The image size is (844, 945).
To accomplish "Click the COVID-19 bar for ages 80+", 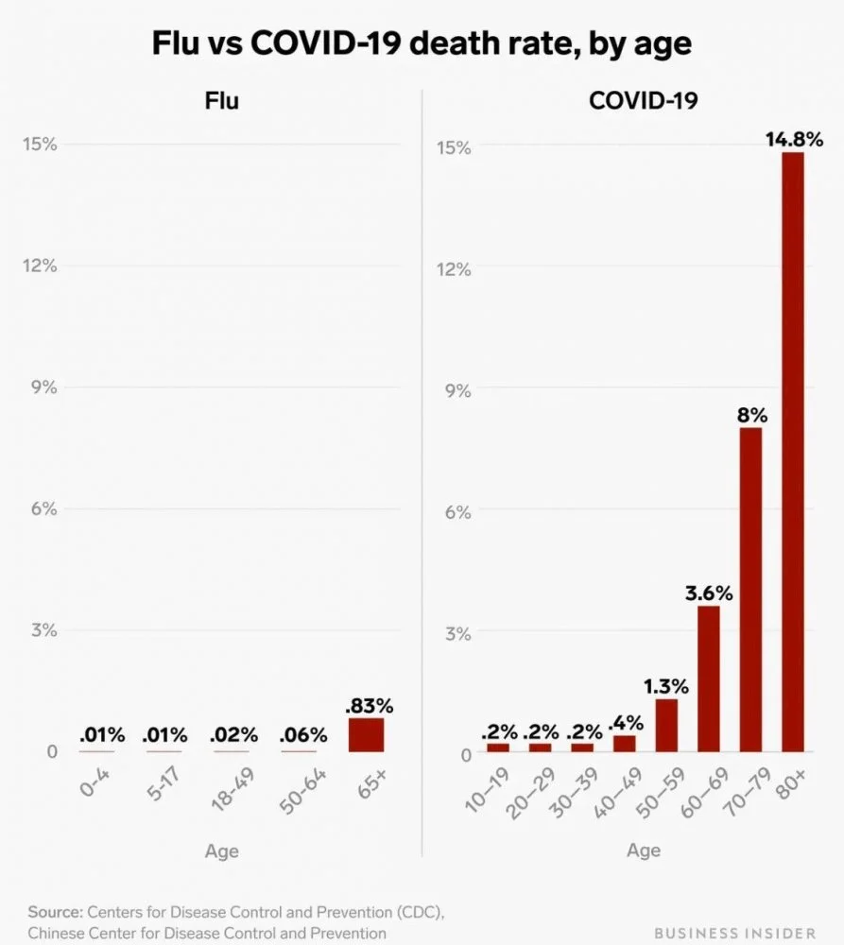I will [792, 452].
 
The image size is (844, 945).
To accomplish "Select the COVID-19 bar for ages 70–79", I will [750, 590].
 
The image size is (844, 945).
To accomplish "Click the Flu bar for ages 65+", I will [366, 735].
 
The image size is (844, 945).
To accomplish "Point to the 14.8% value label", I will [794, 140].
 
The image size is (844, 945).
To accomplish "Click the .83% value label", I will [369, 706].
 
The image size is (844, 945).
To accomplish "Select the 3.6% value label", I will [709, 593].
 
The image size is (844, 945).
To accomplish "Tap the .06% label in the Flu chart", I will [303, 735].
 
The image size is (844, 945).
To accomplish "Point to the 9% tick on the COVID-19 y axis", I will [457, 390].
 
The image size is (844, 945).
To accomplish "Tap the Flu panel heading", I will [222, 100].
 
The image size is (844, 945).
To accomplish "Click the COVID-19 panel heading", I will [643, 100].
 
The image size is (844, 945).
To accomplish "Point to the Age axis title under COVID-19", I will [644, 850].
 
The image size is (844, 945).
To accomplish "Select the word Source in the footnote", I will [55, 912].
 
